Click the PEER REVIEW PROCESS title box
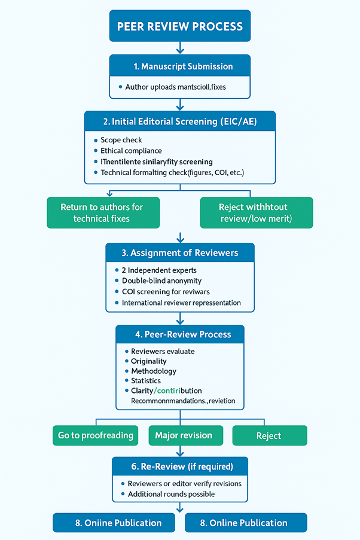[x=179, y=26]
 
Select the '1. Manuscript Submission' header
[x=180, y=66]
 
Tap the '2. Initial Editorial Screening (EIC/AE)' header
[x=180, y=121]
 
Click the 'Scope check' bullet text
[x=121, y=140]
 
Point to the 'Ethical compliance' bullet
[x=131, y=151]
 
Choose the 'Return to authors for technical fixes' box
[x=103, y=212]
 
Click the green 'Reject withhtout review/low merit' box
[x=256, y=212]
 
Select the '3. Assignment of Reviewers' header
[x=180, y=253]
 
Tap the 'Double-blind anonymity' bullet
[x=161, y=280]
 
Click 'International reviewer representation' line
[x=181, y=303]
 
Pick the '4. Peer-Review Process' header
[x=180, y=334]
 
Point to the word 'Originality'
[x=149, y=361]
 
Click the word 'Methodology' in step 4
[x=154, y=371]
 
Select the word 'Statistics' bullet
[x=146, y=380]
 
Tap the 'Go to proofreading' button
[x=96, y=435]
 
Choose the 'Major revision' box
[x=184, y=435]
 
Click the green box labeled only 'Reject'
[x=269, y=435]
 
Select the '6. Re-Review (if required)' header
[x=180, y=466]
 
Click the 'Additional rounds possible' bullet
[x=171, y=494]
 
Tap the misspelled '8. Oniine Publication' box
[x=114, y=523]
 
